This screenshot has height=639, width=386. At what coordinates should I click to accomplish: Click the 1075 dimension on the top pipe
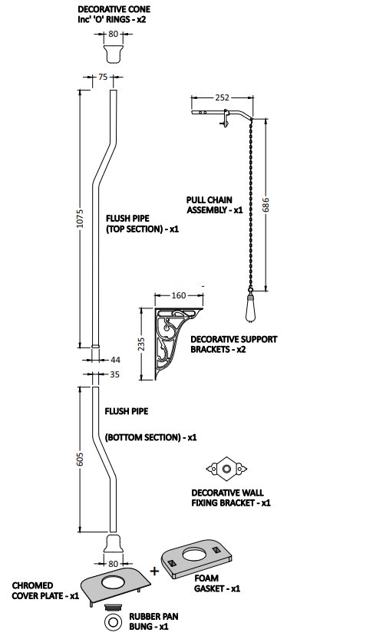[80, 219]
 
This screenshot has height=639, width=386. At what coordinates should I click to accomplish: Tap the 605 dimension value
[80, 459]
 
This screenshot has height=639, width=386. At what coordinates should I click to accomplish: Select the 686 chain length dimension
[266, 205]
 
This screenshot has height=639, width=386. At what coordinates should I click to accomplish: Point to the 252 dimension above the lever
[222, 97]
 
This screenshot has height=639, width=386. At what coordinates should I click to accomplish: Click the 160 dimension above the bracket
[179, 295]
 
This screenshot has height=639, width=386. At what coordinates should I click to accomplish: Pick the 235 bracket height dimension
[141, 344]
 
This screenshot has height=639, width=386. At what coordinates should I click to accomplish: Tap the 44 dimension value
[115, 360]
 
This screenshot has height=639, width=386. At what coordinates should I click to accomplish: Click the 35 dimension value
[115, 374]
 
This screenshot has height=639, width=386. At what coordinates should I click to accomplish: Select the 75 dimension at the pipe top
[103, 77]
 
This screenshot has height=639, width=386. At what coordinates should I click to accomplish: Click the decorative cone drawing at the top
[114, 54]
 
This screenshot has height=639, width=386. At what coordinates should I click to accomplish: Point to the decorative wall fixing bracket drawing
[226, 468]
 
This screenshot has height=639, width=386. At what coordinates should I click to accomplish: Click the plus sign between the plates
[154, 571]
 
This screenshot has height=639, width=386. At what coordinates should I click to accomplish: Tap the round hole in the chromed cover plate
[115, 582]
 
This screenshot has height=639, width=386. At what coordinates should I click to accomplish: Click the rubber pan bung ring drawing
[114, 622]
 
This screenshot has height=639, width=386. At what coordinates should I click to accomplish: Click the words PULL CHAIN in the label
[209, 200]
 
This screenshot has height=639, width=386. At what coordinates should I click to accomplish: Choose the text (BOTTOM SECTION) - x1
[151, 437]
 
